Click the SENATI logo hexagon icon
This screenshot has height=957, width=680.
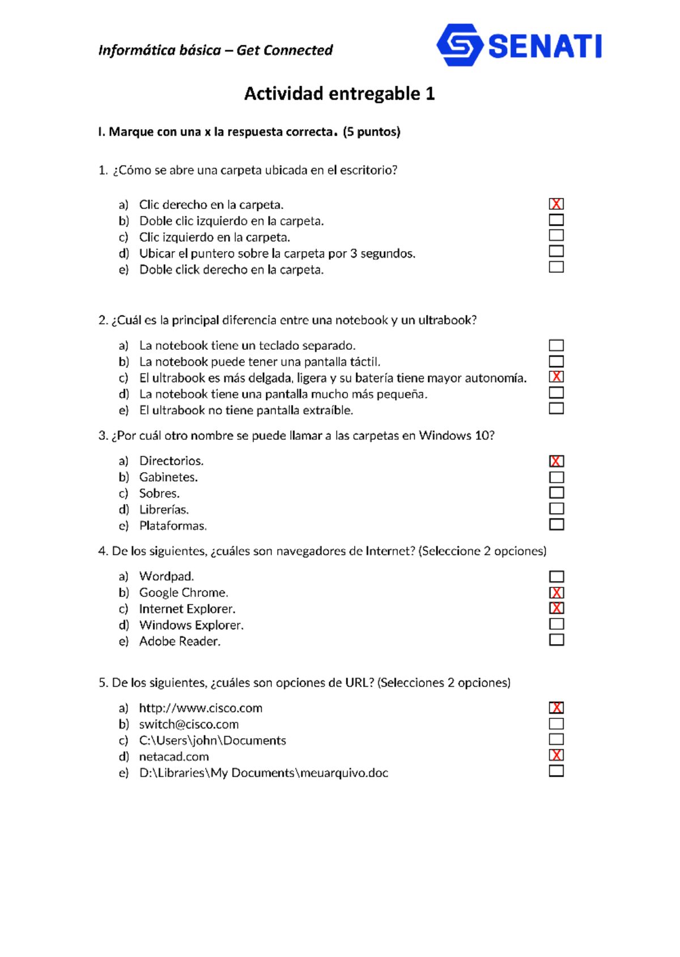coord(460,45)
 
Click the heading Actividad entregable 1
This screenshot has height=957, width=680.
coord(339,94)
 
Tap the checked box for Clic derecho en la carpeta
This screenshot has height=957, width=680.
coord(556,204)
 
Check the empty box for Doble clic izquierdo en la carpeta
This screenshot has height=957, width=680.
coord(556,219)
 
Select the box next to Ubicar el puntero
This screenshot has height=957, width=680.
coord(556,251)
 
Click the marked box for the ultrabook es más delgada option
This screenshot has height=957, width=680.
coord(556,376)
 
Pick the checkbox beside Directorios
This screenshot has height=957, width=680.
coord(556,461)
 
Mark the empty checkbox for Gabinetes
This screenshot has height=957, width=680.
coord(556,477)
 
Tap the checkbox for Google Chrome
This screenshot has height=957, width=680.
coord(556,593)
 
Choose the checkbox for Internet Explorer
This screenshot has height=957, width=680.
coord(556,608)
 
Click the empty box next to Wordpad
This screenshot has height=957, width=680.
coord(556,577)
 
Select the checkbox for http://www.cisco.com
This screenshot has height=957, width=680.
coord(556,708)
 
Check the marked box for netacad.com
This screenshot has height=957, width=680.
coord(556,755)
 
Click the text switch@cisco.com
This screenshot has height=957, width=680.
coord(189,725)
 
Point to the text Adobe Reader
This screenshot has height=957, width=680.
coord(180,642)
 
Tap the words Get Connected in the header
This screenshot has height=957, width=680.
coord(284,50)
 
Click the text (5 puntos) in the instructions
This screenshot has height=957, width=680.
coord(371,132)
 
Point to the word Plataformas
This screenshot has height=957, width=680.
coord(173,526)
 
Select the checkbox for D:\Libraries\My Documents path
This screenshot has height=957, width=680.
coord(556,771)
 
